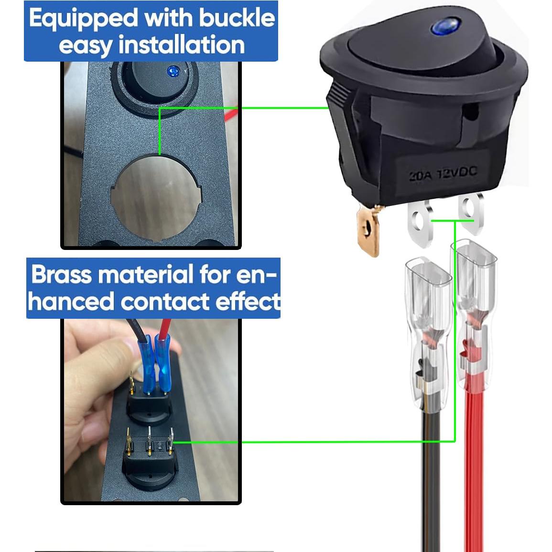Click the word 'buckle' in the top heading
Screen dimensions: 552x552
coord(237,19)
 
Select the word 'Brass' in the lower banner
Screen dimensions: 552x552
coord(61,275)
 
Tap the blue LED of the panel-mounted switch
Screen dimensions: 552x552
coord(172,72)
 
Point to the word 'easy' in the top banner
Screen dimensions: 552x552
coord(86,46)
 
